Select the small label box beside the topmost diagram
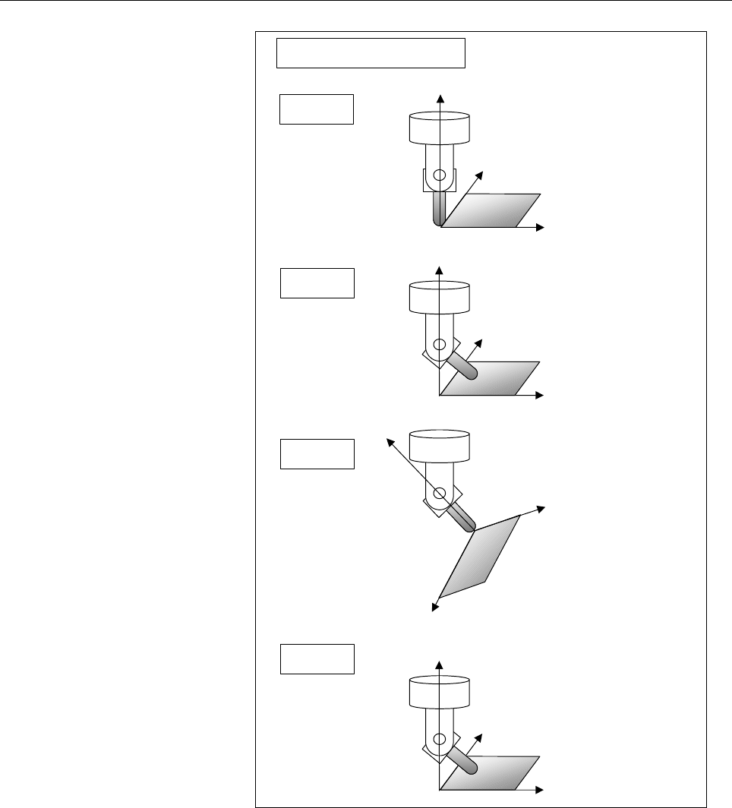click(x=317, y=109)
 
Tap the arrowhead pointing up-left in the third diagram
click(x=388, y=440)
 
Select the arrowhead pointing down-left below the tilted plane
click(x=435, y=607)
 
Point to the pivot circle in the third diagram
click(x=438, y=494)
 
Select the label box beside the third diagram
click(x=317, y=454)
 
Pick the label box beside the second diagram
click(x=317, y=282)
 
